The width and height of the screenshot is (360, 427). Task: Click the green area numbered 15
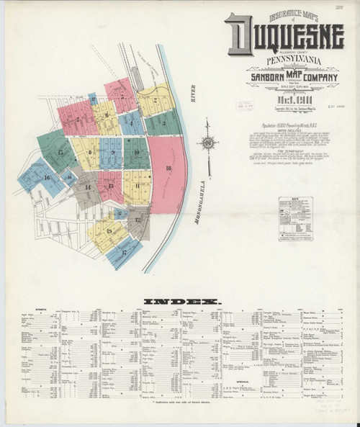[x=61, y=153]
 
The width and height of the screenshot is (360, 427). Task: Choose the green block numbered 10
[x=136, y=153]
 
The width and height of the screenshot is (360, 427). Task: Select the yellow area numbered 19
[x=109, y=230]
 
